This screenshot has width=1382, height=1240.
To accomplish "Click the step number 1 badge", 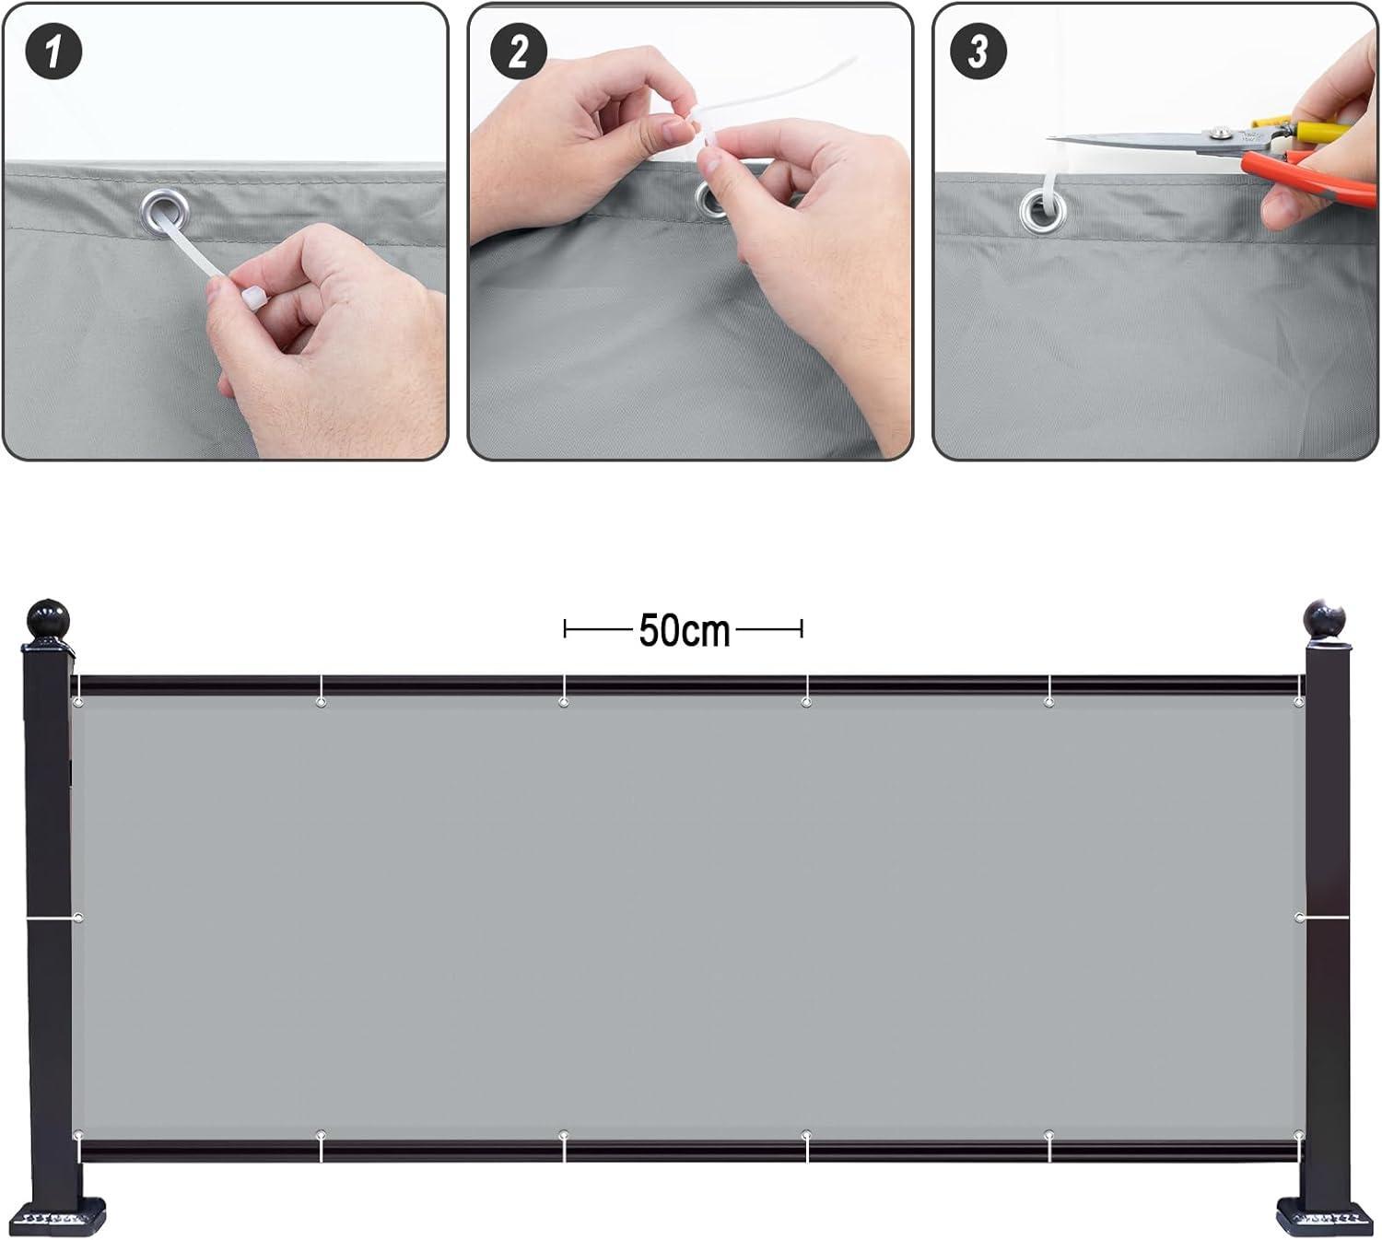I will click(x=54, y=51).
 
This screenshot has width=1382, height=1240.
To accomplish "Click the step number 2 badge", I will click(x=518, y=51).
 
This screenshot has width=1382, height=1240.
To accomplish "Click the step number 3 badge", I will click(x=978, y=51).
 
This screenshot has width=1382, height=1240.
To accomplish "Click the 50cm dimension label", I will click(x=684, y=631).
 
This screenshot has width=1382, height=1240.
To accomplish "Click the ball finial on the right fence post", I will click(x=1325, y=620).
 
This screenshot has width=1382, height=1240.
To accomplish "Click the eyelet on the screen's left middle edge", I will click(x=78, y=918).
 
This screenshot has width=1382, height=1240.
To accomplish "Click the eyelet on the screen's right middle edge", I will click(x=1299, y=918).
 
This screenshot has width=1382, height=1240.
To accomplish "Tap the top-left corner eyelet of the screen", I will click(x=78, y=703).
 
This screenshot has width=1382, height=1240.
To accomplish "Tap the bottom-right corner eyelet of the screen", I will click(x=1298, y=1135).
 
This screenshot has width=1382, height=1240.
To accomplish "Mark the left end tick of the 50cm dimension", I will click(x=565, y=629).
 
